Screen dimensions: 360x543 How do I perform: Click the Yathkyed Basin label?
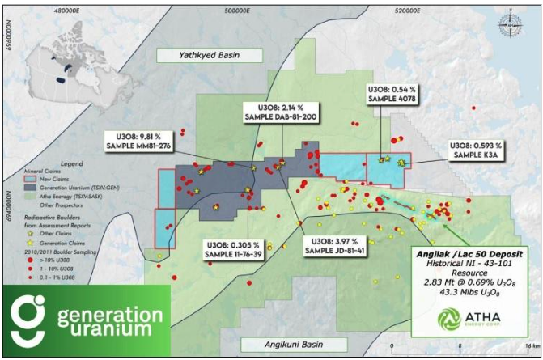210,55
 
